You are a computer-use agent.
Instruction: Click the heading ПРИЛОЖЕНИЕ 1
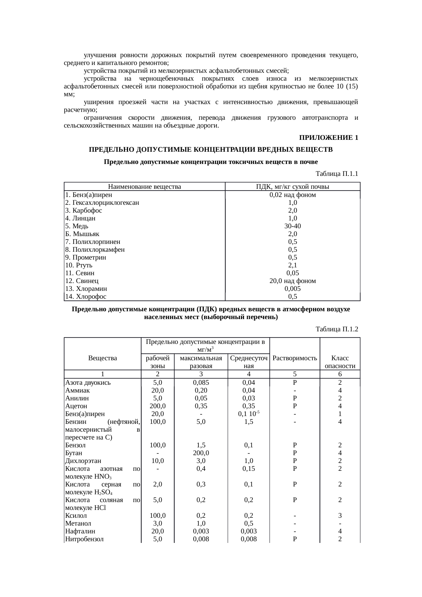tap(328, 138)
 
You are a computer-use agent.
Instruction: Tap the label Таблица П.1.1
tap(337, 174)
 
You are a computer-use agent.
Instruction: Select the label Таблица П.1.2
tap(337, 329)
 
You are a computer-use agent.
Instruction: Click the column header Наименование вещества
tap(144, 186)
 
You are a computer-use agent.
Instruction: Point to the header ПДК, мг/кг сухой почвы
tap(292, 186)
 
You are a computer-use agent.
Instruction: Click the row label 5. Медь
tap(77, 226)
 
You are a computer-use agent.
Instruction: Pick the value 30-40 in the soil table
tap(292, 226)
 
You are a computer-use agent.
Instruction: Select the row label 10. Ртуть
tap(79, 265)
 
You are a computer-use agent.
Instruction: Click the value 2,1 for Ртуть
tap(292, 265)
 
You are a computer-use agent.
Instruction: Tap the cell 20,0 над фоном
tap(292, 281)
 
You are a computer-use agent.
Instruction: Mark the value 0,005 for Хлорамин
tap(292, 289)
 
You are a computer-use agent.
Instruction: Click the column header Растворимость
tap(295, 358)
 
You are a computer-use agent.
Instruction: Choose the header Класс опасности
tap(340, 362)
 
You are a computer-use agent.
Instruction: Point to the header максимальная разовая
tap(201, 362)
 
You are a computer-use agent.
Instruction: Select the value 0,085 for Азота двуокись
tap(201, 383)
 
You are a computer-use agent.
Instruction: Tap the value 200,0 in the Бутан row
tap(201, 453)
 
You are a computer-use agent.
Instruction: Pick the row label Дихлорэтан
tap(83, 461)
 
